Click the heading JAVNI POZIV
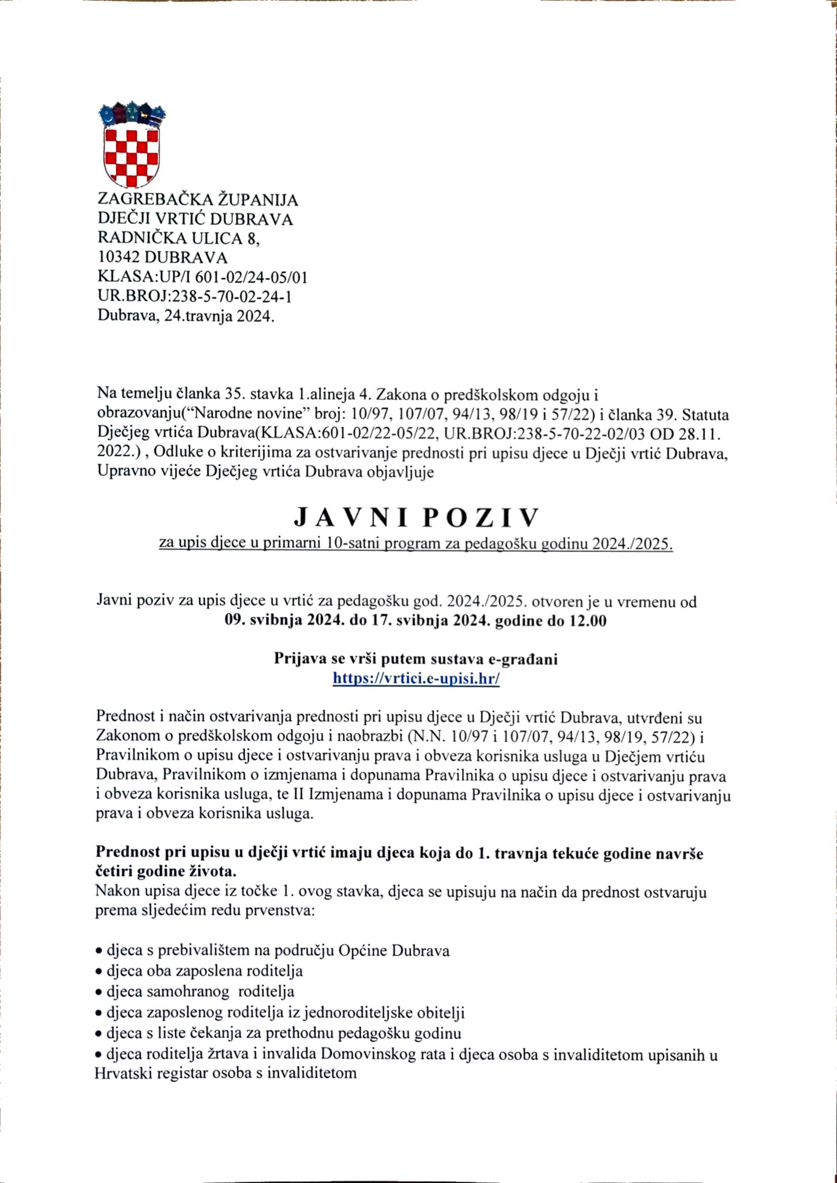tap(416, 518)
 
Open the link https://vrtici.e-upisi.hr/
tap(416, 679)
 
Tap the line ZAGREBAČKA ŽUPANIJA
tap(198, 200)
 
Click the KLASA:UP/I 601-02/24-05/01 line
tap(203, 277)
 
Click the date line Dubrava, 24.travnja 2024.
tap(186, 315)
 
